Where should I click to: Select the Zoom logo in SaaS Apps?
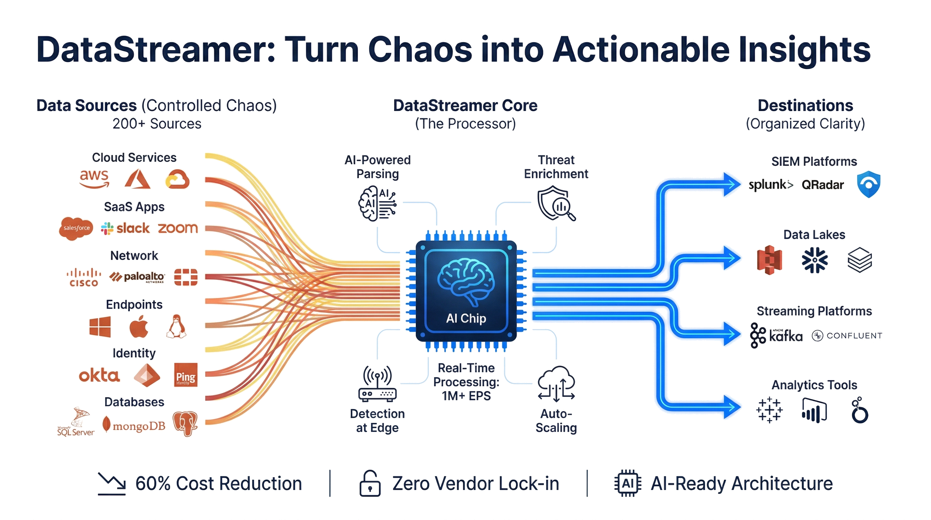[178, 228]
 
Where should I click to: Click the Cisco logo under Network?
[84, 277]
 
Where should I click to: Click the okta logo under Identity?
[99, 376]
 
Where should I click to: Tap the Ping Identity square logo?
[186, 375]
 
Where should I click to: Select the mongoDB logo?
[134, 425]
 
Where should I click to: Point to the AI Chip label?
[466, 319]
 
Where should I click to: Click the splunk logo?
[770, 185]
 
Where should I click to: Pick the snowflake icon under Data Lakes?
[814, 259]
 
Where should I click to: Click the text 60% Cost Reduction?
[219, 483]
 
